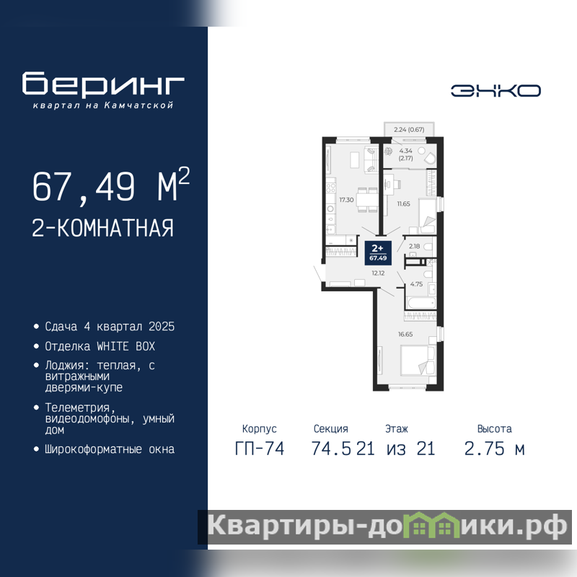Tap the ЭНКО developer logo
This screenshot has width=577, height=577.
[495, 91]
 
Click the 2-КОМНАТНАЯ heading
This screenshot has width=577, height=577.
[102, 228]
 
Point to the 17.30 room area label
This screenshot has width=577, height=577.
[346, 200]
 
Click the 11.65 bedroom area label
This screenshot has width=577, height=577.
[403, 203]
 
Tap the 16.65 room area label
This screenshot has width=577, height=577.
[405, 334]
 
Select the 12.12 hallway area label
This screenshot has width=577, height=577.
[378, 273]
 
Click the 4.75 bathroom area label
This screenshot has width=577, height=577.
[416, 284]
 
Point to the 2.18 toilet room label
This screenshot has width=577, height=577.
[414, 246]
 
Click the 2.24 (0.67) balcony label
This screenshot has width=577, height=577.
[409, 130]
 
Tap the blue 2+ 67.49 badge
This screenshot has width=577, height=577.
[378, 253]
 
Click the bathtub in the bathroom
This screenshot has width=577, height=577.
[421, 303]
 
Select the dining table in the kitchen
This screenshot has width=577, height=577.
[367, 200]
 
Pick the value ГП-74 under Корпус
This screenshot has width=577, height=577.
[260, 449]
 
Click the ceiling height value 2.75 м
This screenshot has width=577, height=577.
[494, 449]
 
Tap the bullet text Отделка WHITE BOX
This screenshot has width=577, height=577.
[100, 346]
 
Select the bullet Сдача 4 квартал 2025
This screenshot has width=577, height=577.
[110, 327]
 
